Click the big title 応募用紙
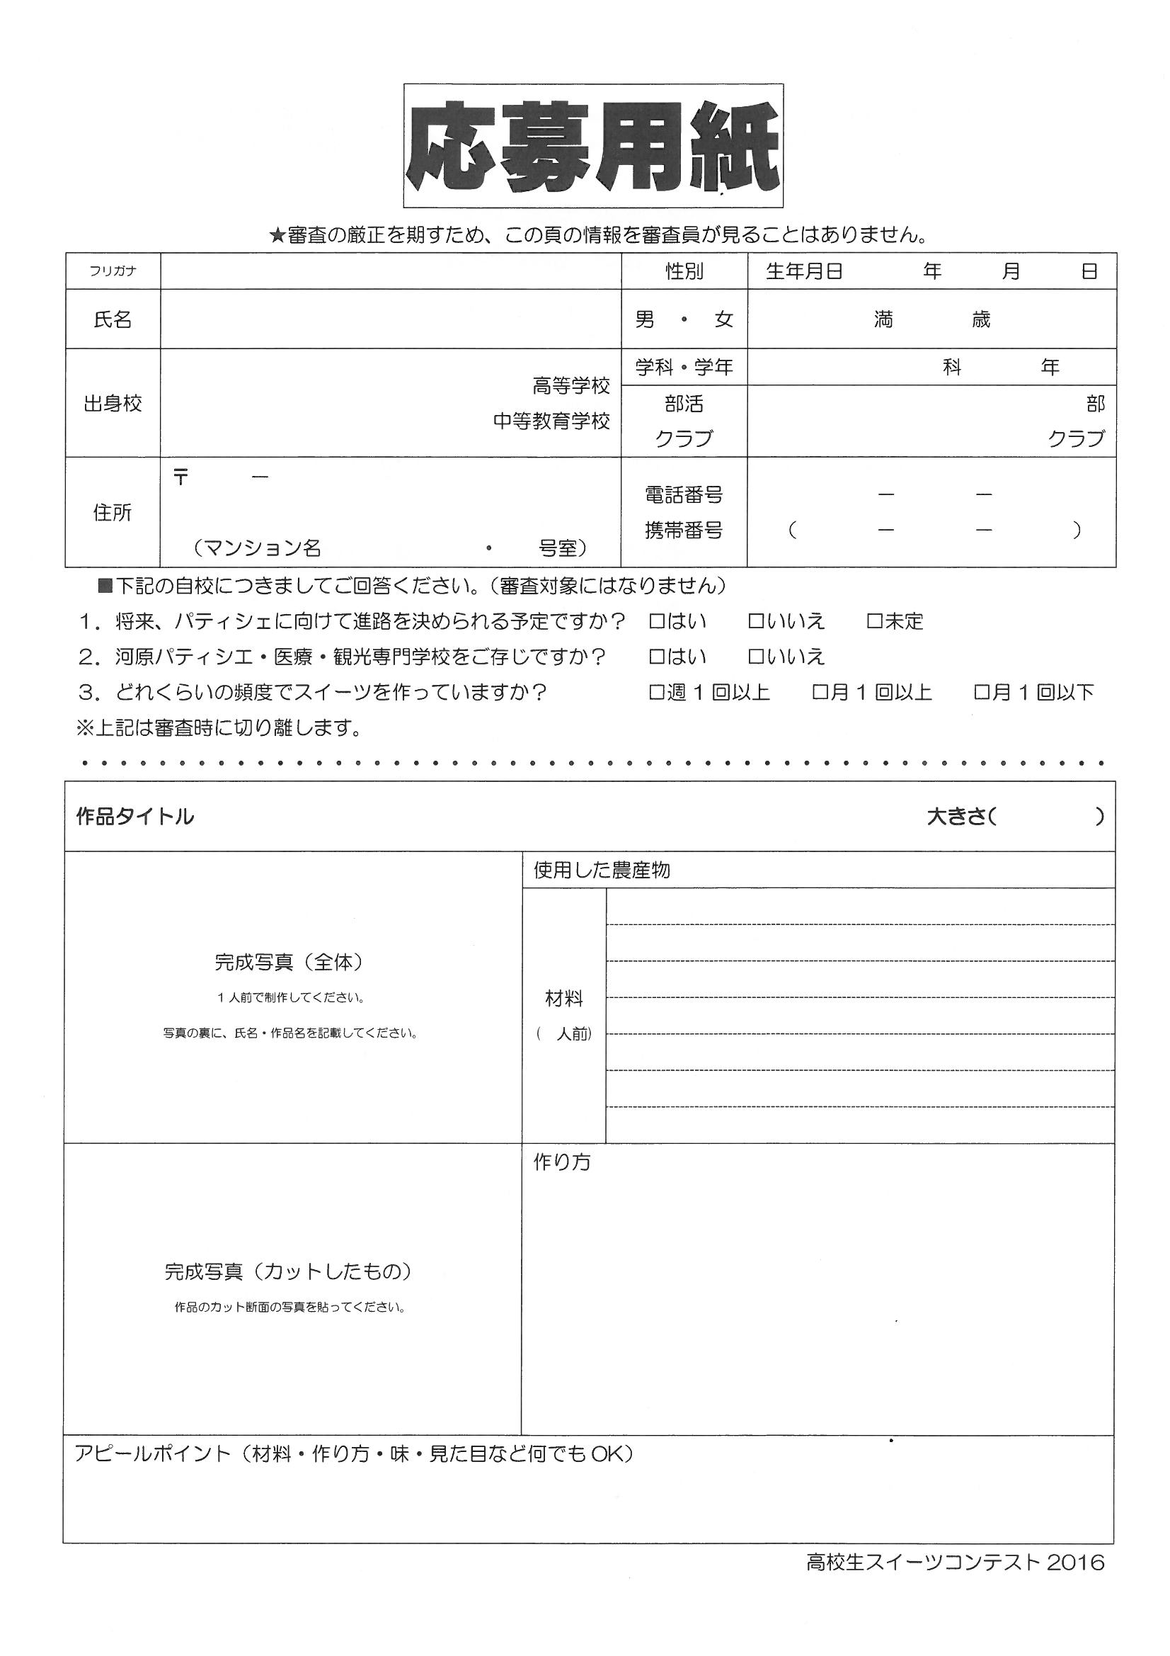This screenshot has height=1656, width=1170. click(x=592, y=147)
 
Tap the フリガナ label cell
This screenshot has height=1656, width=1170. click(x=113, y=271)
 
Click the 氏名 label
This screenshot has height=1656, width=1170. click(x=113, y=319)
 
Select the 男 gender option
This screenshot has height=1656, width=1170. click(x=645, y=319)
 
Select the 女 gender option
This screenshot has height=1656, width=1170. click(x=723, y=319)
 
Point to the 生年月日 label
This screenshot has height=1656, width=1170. click(x=804, y=271)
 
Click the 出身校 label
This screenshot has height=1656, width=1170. click(x=113, y=403)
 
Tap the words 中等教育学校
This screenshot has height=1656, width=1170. click(x=551, y=421)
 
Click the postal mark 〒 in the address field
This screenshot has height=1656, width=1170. click(x=180, y=477)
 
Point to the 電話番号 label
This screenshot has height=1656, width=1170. click(x=684, y=495)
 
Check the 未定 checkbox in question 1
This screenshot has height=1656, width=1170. click(x=874, y=621)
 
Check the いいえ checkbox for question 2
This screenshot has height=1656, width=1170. click(x=755, y=657)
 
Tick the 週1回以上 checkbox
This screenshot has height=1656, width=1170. click(x=656, y=693)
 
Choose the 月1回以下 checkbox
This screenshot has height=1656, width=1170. click(x=981, y=693)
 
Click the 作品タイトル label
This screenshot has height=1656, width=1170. click(x=134, y=817)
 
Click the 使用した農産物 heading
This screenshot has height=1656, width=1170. click(x=601, y=870)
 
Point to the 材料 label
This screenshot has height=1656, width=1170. click(x=563, y=999)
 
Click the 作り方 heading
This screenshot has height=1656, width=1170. click(x=561, y=1162)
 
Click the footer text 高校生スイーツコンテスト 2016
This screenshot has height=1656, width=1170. click(x=954, y=1563)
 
